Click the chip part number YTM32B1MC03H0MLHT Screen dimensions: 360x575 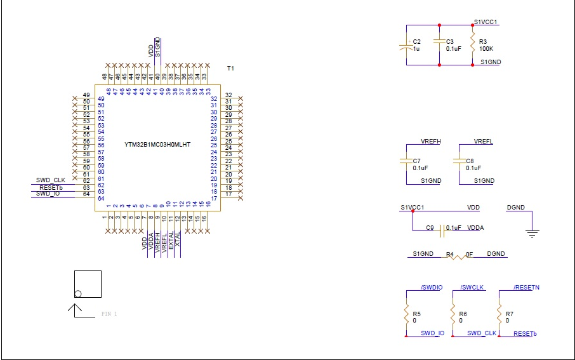click(x=157, y=145)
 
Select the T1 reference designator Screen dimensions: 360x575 click(x=231, y=68)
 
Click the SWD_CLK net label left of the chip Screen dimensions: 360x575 click(x=51, y=180)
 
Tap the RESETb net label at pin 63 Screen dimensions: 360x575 click(x=51, y=187)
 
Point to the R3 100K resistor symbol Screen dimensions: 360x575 click(x=472, y=45)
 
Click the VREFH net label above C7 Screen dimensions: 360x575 click(x=431, y=141)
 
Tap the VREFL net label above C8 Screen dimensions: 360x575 click(x=484, y=141)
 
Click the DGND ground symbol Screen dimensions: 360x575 click(x=533, y=233)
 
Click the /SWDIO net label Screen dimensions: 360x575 click(x=432, y=288)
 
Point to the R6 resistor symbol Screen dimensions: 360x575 click(x=452, y=314)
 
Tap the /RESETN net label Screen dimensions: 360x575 click(x=526, y=288)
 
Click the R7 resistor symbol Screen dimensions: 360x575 click(x=499, y=314)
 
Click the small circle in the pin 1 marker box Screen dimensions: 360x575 click(x=78, y=293)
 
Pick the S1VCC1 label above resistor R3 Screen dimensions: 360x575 click(x=486, y=22)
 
